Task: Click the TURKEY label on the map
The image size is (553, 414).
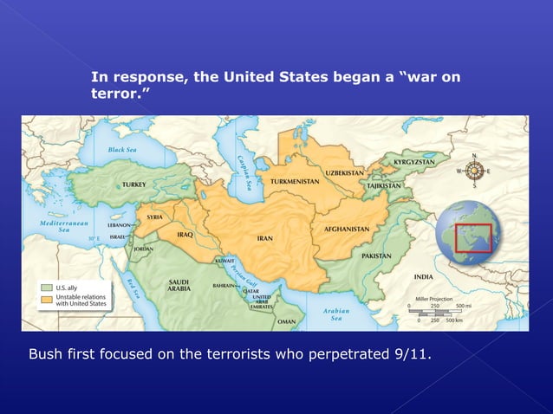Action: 133,184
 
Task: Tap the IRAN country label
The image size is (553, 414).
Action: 265,237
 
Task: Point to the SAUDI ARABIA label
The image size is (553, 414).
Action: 179,286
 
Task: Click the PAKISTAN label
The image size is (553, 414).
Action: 376,256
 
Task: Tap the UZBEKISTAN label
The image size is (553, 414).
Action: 344,172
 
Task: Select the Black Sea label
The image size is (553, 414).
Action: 122,149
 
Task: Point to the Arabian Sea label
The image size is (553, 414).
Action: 335,314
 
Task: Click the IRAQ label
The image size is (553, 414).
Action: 184,234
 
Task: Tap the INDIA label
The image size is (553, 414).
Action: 423,277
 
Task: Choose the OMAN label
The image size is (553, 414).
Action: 286,320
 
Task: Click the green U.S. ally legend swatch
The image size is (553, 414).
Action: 47,287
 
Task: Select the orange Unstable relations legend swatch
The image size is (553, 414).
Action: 47,298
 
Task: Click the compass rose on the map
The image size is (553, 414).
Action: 474,171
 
